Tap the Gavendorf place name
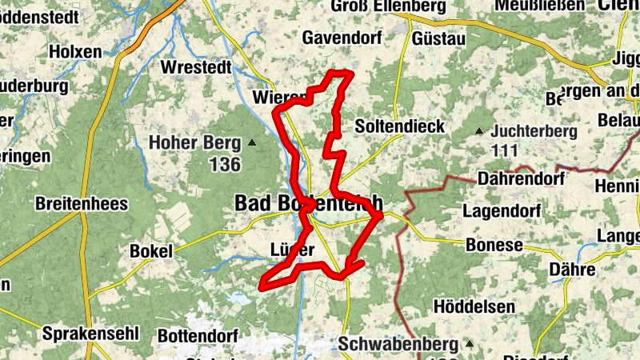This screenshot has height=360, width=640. tap(341, 37)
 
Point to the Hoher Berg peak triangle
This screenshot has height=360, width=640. tap(252, 143)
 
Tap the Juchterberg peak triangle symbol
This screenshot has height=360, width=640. tap(479, 131)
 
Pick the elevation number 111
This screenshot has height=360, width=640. tap(506, 150)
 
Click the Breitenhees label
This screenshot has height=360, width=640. tap(82, 204)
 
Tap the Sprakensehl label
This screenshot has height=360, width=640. tap(91, 333)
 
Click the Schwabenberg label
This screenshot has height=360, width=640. tap(398, 343)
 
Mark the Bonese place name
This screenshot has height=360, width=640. tap(494, 245)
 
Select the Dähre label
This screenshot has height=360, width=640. tap(573, 270)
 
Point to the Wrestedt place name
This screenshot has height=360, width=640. tap(196, 66)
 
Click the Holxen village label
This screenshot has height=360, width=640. tap(75, 51)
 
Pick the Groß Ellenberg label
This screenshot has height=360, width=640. tap(388, 6)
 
